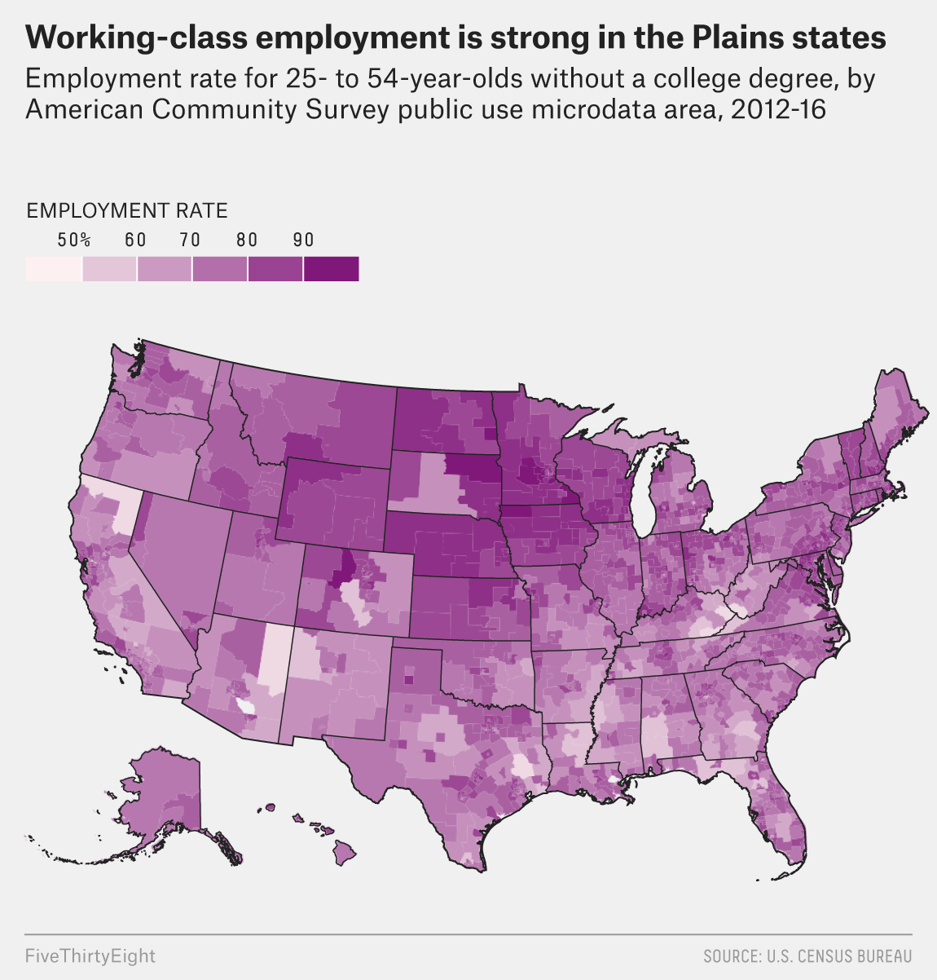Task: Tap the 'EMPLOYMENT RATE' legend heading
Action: pos(127,210)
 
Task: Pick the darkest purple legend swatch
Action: pos(331,269)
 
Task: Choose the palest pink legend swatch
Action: pos(54,269)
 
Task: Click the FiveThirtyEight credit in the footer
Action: pos(90,956)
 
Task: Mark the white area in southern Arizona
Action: pos(244,704)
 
